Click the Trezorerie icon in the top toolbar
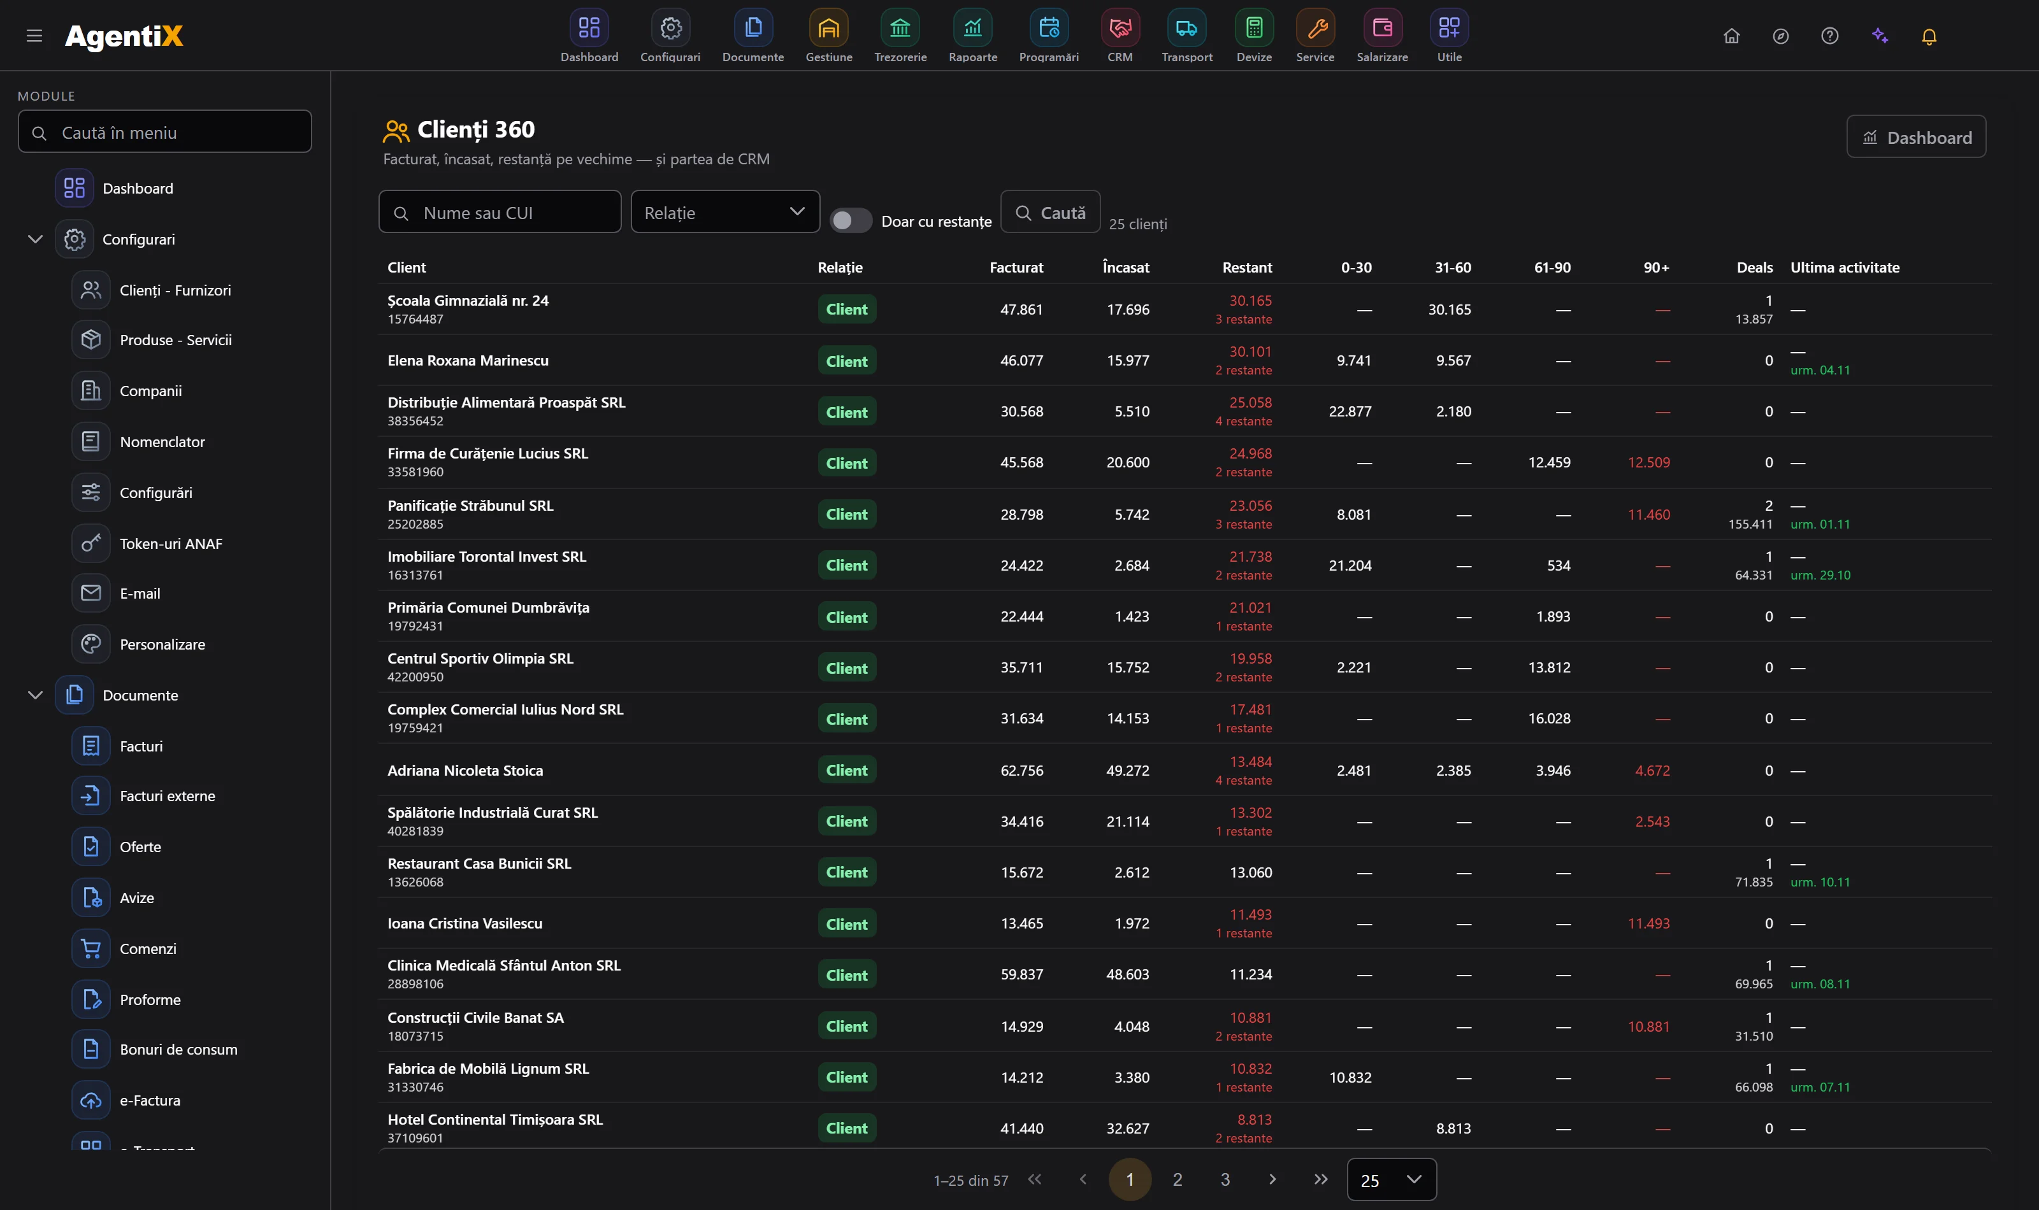(900, 29)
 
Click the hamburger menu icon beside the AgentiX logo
(34, 36)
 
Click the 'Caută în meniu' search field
(165, 132)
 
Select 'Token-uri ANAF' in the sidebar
(171, 544)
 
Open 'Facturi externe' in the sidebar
(167, 796)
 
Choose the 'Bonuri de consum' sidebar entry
(178, 1050)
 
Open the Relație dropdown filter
(725, 212)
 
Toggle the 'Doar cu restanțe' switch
(851, 221)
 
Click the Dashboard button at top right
(1916, 137)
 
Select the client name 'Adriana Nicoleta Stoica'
(465, 771)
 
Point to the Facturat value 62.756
(1021, 771)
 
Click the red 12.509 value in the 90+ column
(1648, 462)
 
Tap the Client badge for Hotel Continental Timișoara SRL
(847, 1128)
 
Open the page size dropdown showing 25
(1392, 1180)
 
